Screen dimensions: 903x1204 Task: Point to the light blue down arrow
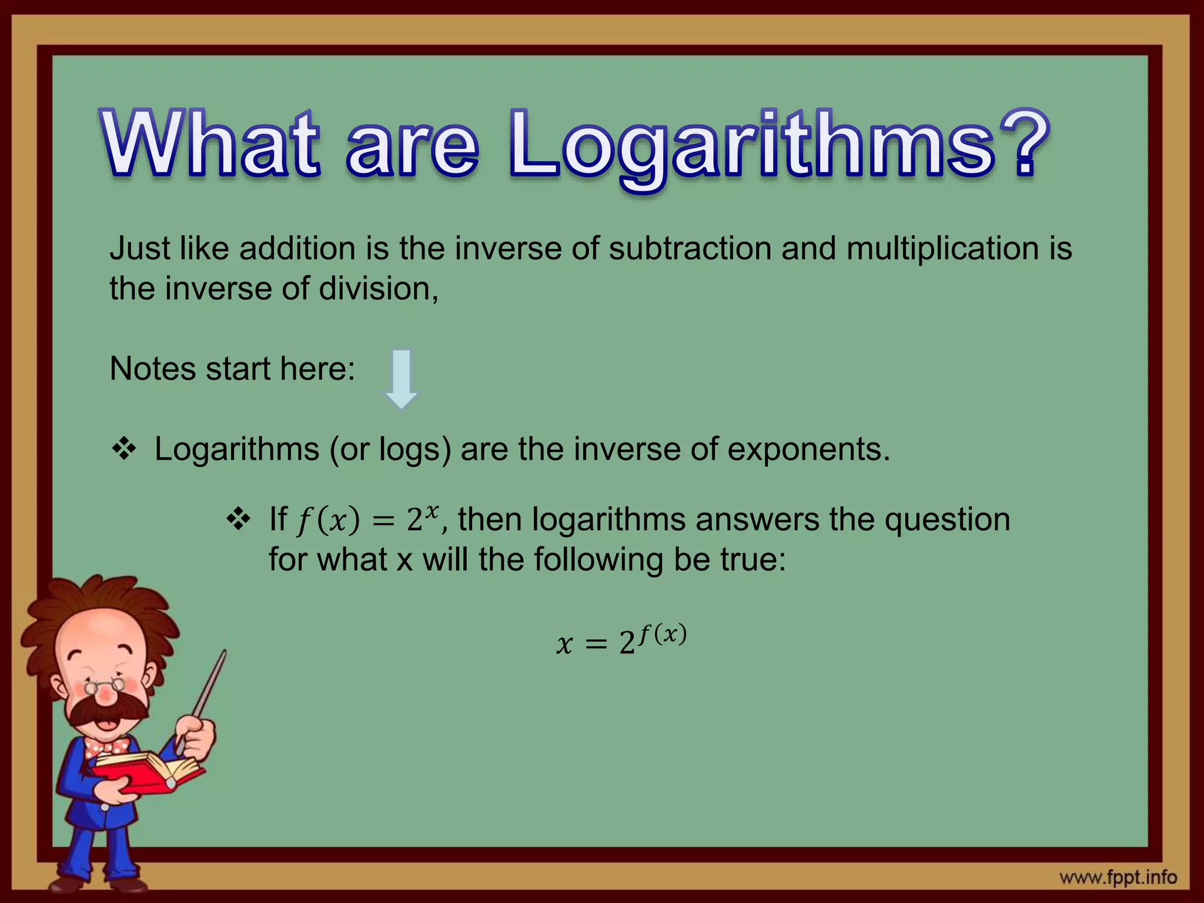pyautogui.click(x=402, y=379)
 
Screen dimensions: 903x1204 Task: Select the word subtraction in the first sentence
pyautogui.click(x=690, y=248)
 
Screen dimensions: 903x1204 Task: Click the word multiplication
pyautogui.click(x=942, y=248)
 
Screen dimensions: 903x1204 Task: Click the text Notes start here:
pyautogui.click(x=232, y=369)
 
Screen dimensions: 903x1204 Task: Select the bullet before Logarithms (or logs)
pyautogui.click(x=124, y=450)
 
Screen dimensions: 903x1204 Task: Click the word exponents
pyautogui.click(x=808, y=450)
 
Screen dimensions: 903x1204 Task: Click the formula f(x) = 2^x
pyautogui.click(x=367, y=520)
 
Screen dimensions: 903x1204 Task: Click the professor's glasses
pyautogui.click(x=106, y=685)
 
